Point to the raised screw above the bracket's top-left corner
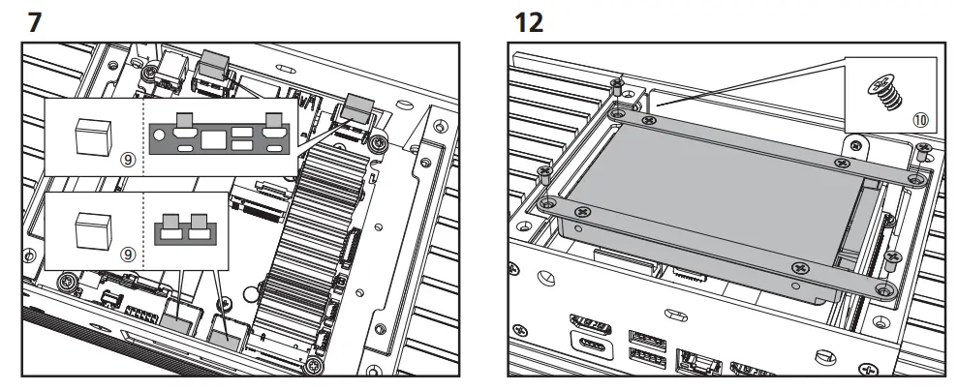pyautogui.click(x=616, y=90)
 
